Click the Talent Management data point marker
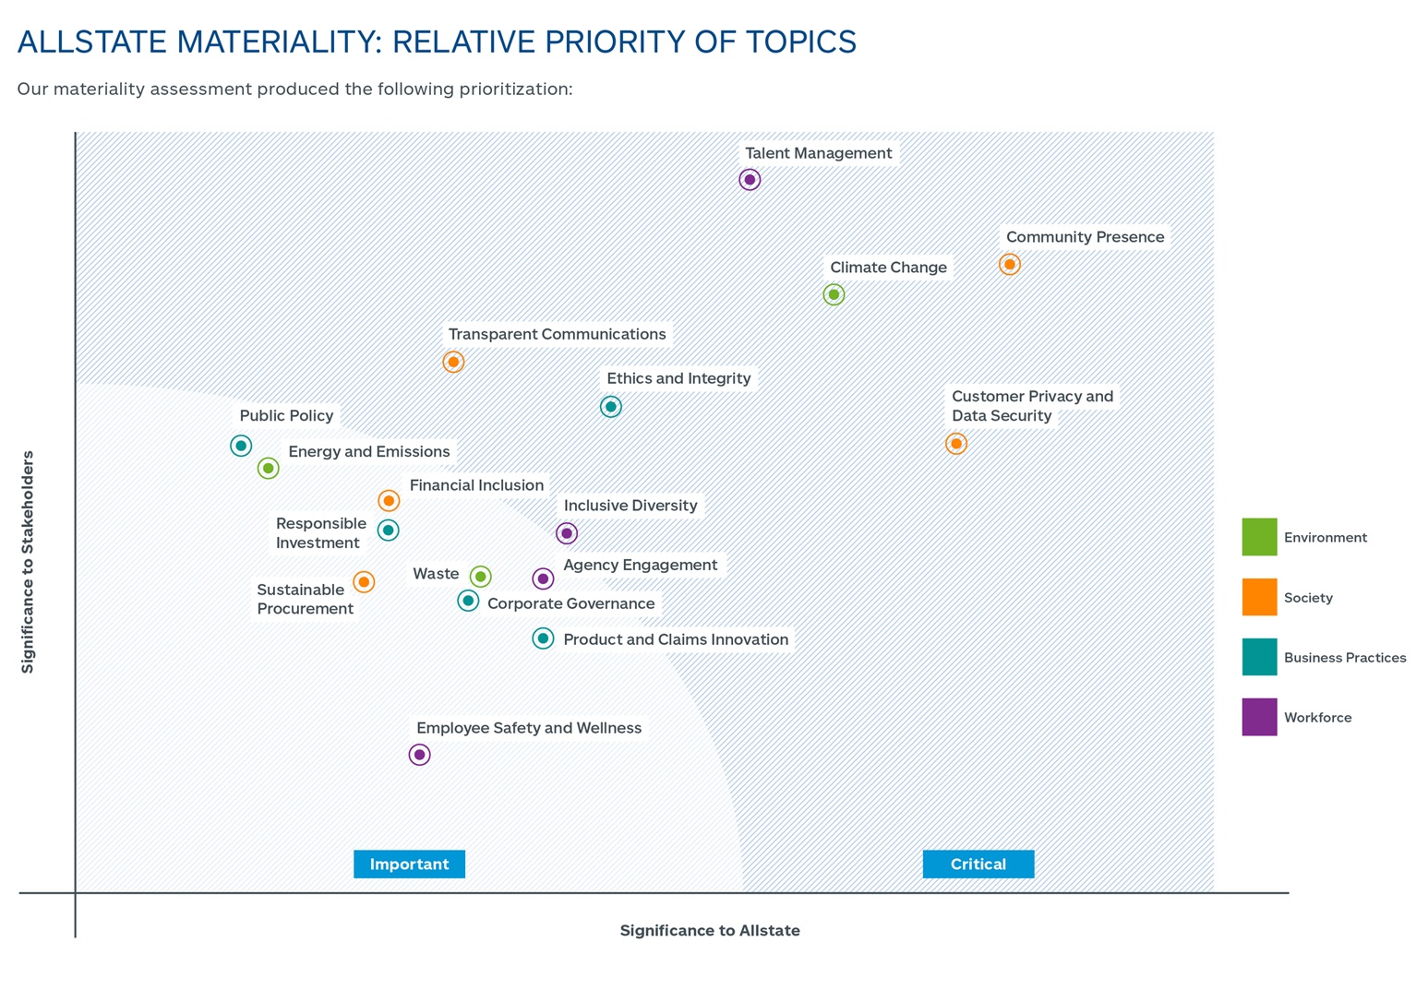tap(750, 180)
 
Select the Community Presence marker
tap(1010, 265)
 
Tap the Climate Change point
tap(834, 295)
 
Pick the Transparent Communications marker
tap(453, 362)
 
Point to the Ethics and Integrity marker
tap(610, 407)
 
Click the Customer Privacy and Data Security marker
tap(956, 444)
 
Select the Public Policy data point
tap(241, 447)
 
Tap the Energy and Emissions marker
tap(268, 469)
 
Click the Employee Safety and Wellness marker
tap(419, 755)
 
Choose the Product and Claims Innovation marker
tap(543, 638)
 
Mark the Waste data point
tap(480, 577)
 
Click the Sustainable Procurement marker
tap(364, 582)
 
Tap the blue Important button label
tap(409, 865)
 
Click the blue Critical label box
tap(978, 865)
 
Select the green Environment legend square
tap(1259, 537)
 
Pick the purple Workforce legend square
tap(1259, 717)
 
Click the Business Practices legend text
tap(1345, 658)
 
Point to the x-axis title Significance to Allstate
tap(710, 931)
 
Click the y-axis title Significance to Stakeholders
tap(28, 562)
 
